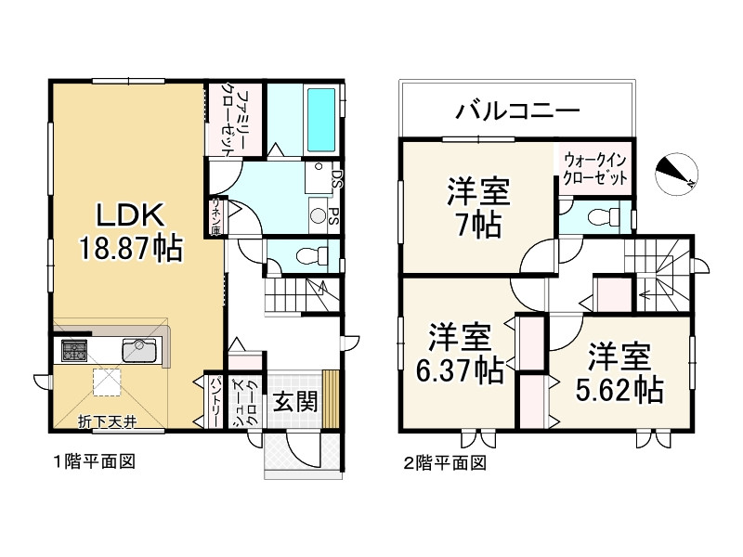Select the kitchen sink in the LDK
tap(140, 350)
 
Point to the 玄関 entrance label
tap(295, 401)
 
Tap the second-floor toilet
tap(599, 217)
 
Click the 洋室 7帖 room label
tap(478, 210)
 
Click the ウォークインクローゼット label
tap(594, 168)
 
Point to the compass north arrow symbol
tap(676, 172)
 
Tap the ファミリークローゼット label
tap(234, 121)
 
